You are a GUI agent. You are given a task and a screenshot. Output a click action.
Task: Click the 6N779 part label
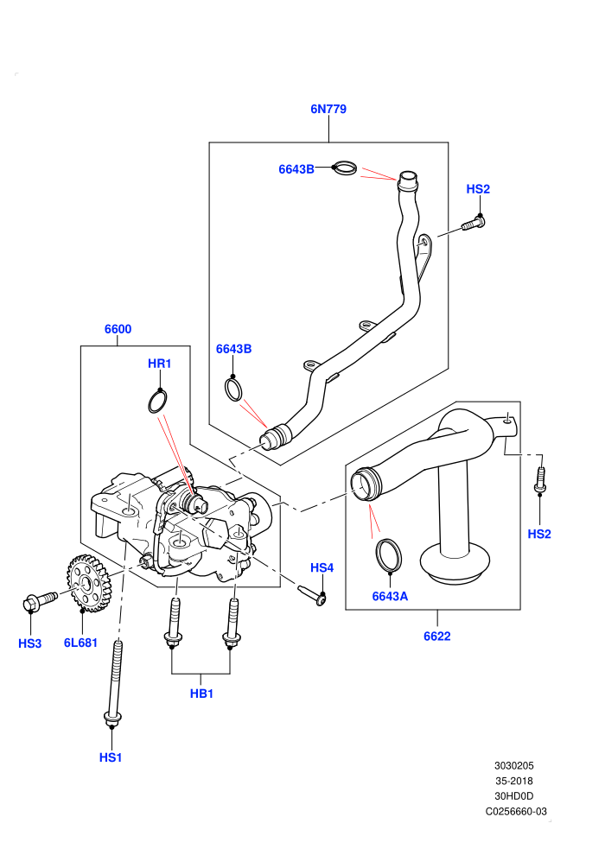click(328, 109)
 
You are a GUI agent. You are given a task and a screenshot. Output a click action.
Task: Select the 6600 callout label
click(118, 329)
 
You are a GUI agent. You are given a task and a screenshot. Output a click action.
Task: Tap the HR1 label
click(159, 364)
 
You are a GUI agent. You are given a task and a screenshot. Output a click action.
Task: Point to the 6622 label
click(437, 636)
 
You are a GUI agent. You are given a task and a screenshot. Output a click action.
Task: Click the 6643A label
click(390, 597)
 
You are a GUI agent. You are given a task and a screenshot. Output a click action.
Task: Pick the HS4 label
click(322, 568)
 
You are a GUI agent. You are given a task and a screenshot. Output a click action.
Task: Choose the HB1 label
click(201, 694)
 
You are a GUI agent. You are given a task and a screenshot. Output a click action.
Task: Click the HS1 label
click(111, 758)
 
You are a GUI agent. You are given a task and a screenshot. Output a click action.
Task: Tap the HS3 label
click(30, 644)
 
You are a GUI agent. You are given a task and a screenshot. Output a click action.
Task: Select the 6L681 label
click(80, 643)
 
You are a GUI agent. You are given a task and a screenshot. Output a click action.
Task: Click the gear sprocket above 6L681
click(89, 584)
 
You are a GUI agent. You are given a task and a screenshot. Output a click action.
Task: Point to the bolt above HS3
click(40, 601)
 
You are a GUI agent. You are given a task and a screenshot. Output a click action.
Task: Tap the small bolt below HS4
click(311, 594)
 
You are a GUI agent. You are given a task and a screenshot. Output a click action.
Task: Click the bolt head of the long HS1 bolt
click(112, 719)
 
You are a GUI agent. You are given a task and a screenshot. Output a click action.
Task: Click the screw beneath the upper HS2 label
click(474, 224)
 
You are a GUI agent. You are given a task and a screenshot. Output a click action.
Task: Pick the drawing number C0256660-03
click(516, 811)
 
